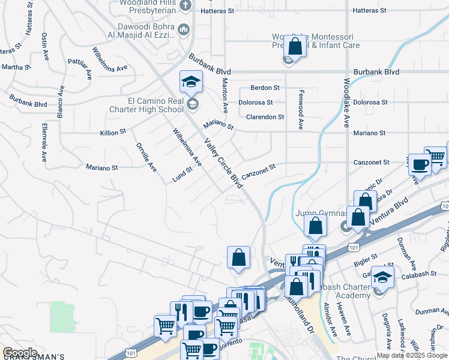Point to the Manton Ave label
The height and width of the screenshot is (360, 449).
coord(225,96)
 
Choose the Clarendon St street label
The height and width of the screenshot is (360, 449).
coord(265,117)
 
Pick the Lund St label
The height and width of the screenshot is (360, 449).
coord(182,173)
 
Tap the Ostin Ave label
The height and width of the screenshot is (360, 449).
coord(44,46)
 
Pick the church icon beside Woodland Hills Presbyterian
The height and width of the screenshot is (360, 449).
coord(185,7)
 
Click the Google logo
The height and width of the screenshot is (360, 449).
coord(20,353)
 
